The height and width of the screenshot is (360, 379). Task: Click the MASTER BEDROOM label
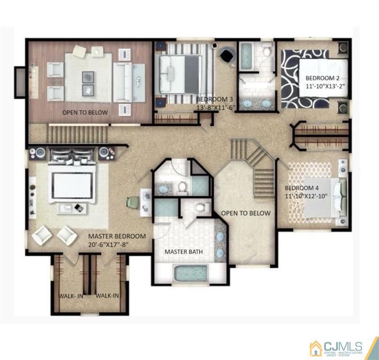point(117,236)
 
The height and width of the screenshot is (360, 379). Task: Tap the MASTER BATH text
point(183,252)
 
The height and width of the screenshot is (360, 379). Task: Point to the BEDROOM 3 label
point(214,99)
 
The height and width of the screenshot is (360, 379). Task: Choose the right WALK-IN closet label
point(107,296)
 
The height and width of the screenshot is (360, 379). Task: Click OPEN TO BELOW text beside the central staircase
point(246,213)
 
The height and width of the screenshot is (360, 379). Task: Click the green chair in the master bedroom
point(131,203)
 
